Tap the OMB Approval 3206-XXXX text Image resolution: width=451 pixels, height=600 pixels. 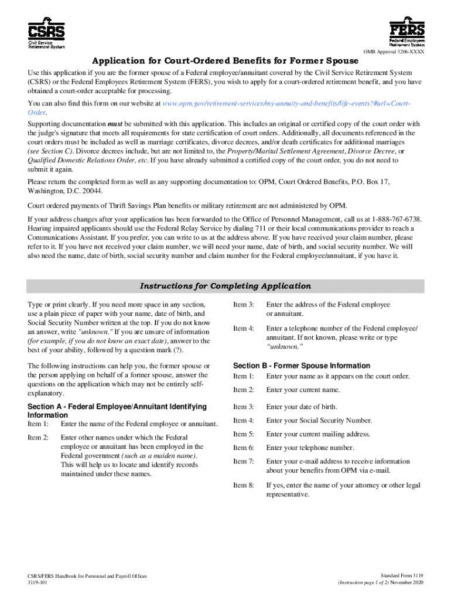[x=394, y=53]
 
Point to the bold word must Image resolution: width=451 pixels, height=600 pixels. [x=115, y=124]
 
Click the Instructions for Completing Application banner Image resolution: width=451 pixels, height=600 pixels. [x=225, y=286]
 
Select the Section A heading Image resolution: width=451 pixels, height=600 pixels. [x=117, y=410]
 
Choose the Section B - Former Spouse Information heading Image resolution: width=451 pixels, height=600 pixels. [x=302, y=366]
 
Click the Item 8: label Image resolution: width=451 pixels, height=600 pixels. [x=244, y=485]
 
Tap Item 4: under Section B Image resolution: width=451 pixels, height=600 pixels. [x=244, y=420]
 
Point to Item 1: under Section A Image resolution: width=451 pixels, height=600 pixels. [x=39, y=424]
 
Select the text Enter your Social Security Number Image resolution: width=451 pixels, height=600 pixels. [x=319, y=420]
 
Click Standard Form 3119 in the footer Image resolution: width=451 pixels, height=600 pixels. [x=401, y=577]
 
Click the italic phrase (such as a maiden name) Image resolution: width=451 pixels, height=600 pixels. [x=159, y=455]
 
